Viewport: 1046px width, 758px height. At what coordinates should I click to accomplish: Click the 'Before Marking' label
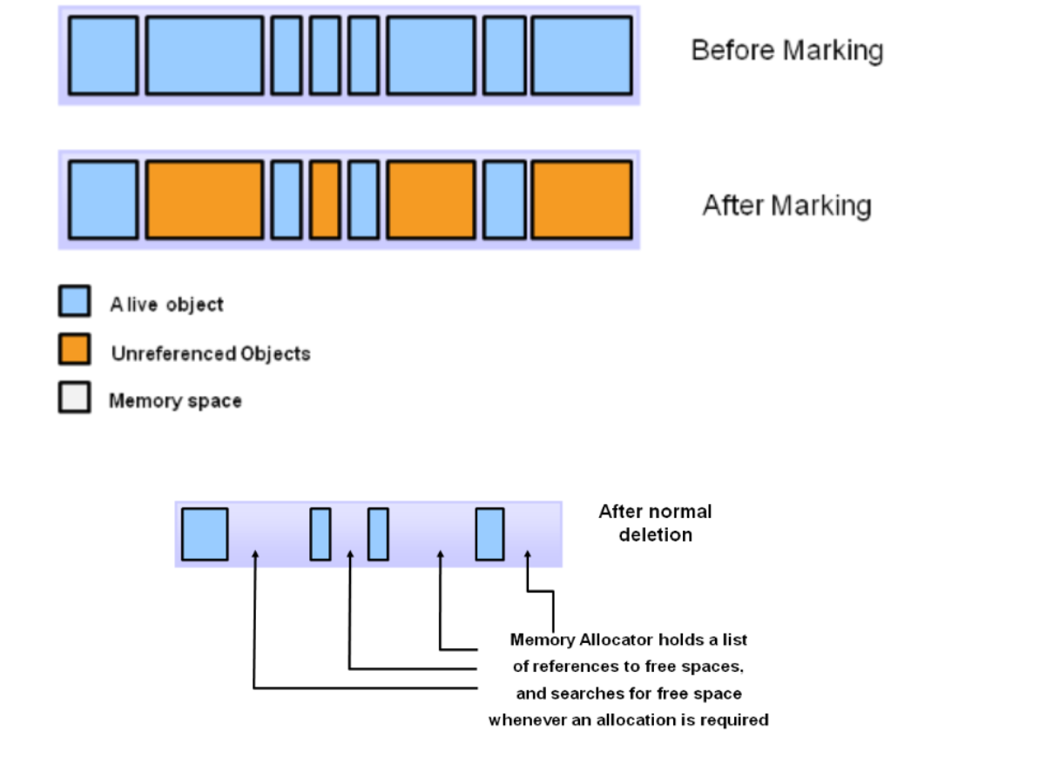(x=786, y=50)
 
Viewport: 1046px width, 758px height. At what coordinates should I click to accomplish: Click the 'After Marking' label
(x=786, y=205)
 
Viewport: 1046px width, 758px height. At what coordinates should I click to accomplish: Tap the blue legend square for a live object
(x=74, y=301)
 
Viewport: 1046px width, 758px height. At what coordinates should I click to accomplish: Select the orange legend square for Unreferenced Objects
(x=74, y=349)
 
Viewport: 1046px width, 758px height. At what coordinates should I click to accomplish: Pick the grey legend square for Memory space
(x=74, y=398)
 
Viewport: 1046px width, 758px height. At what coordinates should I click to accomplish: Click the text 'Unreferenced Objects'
(x=211, y=354)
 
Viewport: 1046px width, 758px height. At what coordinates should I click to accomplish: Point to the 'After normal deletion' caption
(x=655, y=523)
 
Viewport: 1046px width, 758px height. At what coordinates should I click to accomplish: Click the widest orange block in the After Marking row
(x=204, y=199)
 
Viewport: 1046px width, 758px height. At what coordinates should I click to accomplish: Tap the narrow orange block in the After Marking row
(x=325, y=199)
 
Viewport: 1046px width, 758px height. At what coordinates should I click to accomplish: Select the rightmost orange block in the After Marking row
(x=581, y=199)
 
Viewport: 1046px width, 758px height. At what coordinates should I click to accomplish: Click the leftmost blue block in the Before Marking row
(x=103, y=55)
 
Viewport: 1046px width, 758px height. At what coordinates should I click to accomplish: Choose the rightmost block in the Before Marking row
(x=581, y=55)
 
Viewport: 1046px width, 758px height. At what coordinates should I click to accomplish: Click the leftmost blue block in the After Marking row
(x=103, y=199)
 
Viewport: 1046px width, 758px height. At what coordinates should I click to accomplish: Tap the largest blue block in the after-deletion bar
(x=205, y=534)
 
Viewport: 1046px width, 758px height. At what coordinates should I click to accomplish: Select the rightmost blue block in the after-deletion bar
(x=489, y=534)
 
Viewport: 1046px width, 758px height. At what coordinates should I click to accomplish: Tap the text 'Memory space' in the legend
(x=175, y=401)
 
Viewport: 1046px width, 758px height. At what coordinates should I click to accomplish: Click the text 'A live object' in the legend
(x=166, y=305)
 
